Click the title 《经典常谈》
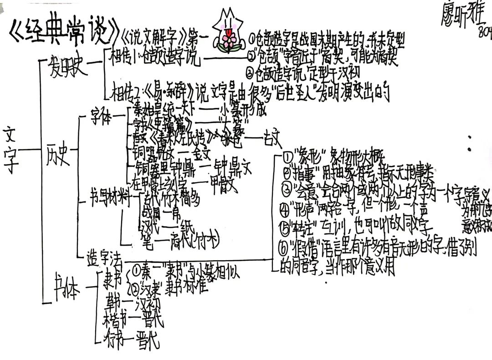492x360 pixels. click(64, 32)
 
